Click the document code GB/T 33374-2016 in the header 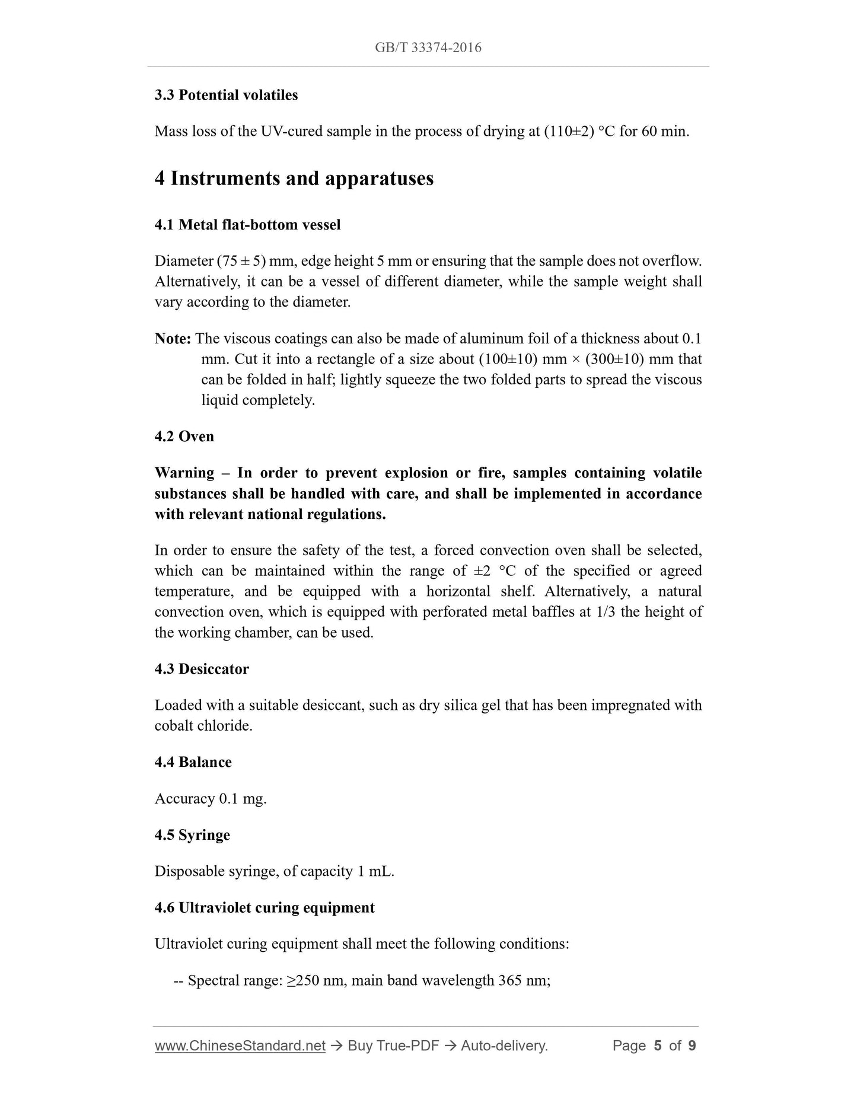(428, 48)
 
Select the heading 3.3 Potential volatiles (226, 95)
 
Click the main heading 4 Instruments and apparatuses (294, 179)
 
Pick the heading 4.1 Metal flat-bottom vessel (247, 225)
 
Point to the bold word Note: (173, 339)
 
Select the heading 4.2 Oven (184, 436)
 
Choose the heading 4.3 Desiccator (202, 669)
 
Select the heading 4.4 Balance (193, 762)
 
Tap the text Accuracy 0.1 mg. (211, 799)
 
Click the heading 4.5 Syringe (192, 835)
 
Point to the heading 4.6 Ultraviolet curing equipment (265, 908)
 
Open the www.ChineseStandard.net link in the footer (240, 1046)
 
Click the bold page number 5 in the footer (657, 1046)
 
